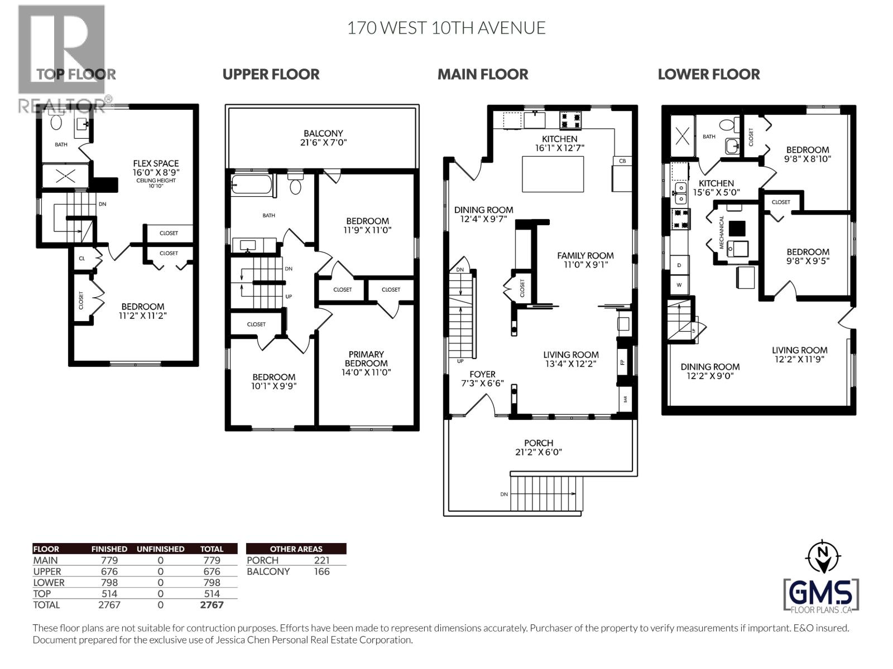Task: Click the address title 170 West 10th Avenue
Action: tap(446, 28)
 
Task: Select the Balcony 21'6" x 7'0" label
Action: tap(323, 138)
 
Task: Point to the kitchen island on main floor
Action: tap(553, 174)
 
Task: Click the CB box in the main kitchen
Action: tap(622, 161)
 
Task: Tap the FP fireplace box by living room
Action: tap(623, 361)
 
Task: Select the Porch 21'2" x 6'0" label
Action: tap(539, 447)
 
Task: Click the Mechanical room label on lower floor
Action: tap(722, 233)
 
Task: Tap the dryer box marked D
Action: tap(679, 265)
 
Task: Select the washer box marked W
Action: tap(679, 284)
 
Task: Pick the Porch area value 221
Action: tap(321, 560)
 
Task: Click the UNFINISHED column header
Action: tap(160, 549)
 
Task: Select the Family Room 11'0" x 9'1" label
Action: tap(585, 260)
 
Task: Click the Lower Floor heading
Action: tap(708, 74)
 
